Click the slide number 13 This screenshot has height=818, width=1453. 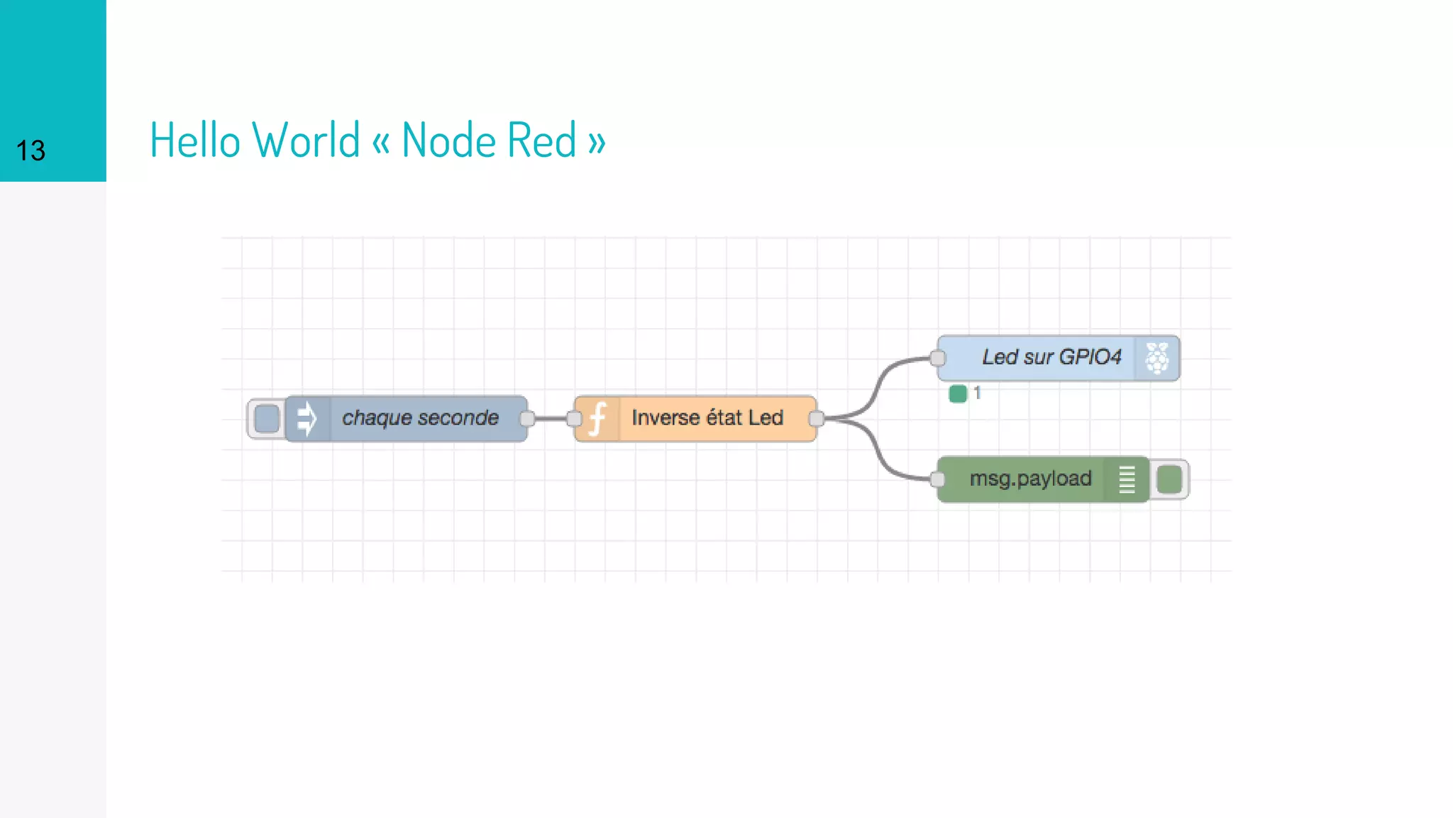(x=31, y=151)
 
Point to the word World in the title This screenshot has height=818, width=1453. (x=306, y=140)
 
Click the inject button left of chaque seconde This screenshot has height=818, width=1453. (x=266, y=418)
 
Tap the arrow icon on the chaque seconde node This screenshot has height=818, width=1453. (x=307, y=418)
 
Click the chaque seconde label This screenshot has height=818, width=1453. (x=420, y=418)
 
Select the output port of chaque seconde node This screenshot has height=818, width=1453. (x=527, y=418)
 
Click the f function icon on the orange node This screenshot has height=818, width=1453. (x=597, y=418)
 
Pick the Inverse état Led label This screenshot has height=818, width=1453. (x=707, y=418)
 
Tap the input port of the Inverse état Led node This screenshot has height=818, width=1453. (x=574, y=418)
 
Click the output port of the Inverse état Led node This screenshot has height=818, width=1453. (x=817, y=418)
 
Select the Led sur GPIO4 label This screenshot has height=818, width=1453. (x=1051, y=357)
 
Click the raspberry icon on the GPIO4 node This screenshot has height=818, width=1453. (x=1156, y=358)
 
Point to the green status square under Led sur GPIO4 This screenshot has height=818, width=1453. (x=958, y=393)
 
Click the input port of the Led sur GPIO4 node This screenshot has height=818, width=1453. (x=938, y=358)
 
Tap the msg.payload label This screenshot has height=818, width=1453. (x=1030, y=479)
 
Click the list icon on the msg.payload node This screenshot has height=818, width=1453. (x=1127, y=479)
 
